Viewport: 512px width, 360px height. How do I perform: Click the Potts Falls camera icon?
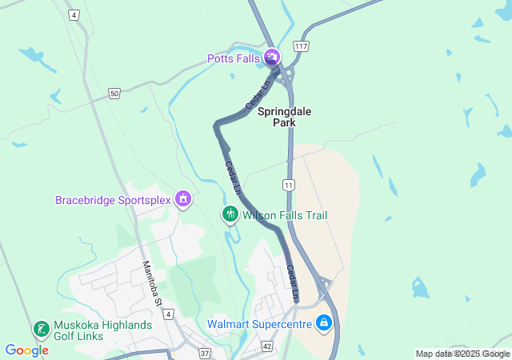pos(272,57)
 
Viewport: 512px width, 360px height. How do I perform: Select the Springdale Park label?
pos(277,118)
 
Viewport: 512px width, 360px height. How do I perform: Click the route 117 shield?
pos(301,47)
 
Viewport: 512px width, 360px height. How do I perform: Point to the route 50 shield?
pos(114,94)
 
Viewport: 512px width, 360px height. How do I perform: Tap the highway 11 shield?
pos(288,185)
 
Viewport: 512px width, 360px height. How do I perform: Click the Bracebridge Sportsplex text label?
pos(114,199)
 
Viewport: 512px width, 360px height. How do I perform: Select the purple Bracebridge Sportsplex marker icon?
pos(183,198)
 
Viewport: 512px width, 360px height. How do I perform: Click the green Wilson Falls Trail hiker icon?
pos(230,214)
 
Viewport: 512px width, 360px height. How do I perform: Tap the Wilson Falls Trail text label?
pos(285,215)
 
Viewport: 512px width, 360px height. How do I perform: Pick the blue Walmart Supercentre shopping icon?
pos(324,323)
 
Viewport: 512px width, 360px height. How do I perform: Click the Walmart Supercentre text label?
pos(260,324)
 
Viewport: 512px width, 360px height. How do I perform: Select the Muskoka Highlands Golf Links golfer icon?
pos(41,329)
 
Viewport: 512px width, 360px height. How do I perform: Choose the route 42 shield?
pos(267,346)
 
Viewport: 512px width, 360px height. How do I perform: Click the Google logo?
pos(26,350)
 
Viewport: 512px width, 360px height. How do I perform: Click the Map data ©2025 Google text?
pos(462,354)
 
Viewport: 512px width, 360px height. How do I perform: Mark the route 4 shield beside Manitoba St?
pos(168,314)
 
